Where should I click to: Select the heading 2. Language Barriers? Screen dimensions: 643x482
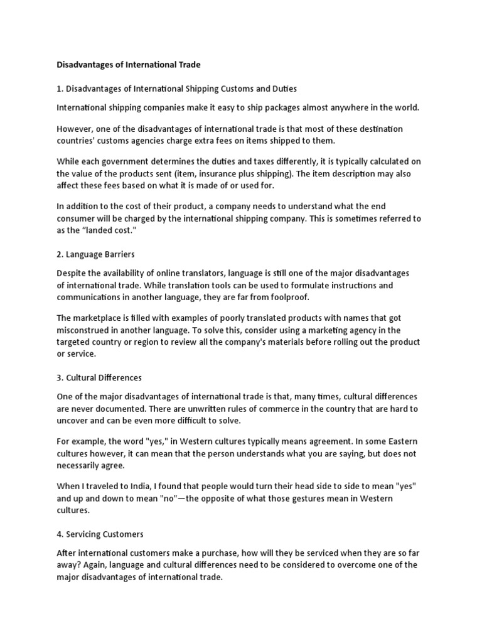pos(96,254)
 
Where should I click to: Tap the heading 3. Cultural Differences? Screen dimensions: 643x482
pos(99,377)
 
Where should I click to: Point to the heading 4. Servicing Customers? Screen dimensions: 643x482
pos(100,534)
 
